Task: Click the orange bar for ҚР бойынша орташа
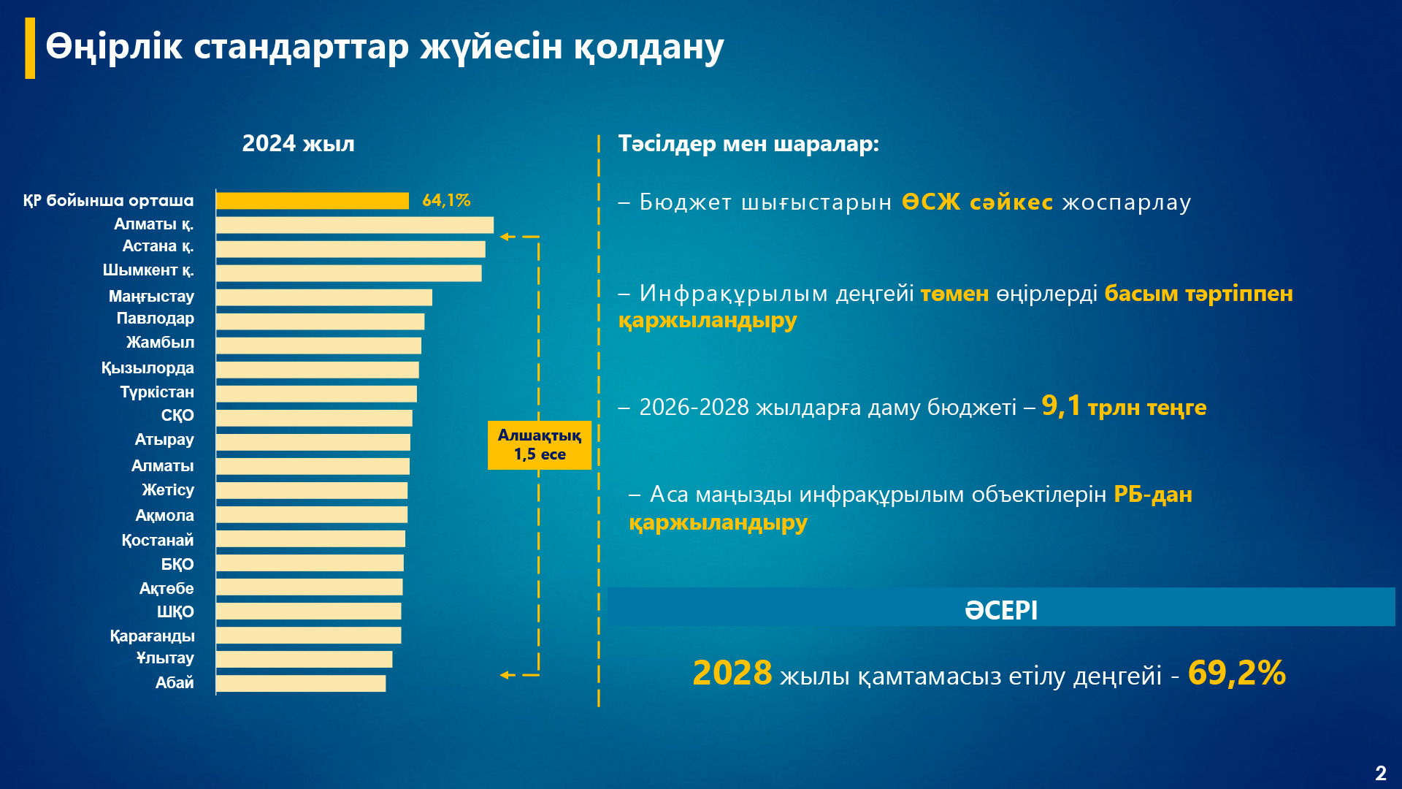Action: tap(313, 201)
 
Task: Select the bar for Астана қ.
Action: tap(350, 249)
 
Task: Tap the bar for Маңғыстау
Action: tap(324, 297)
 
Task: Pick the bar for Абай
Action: tap(301, 683)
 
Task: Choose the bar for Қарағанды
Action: tap(308, 635)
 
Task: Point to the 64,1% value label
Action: tap(446, 200)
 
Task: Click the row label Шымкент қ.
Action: tap(148, 270)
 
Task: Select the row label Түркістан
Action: tap(157, 392)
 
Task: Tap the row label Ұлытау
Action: tap(165, 658)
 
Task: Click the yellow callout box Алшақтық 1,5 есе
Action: tap(539, 445)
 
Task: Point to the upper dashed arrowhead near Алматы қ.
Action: tap(505, 237)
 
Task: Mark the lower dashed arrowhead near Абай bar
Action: tap(505, 675)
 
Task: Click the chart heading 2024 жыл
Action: tap(298, 143)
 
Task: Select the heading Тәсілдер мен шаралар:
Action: tap(748, 143)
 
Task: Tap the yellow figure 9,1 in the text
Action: tap(1060, 405)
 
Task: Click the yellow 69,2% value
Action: tap(1236, 673)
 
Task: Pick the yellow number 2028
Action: tap(732, 673)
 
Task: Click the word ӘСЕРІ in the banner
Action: tap(1000, 609)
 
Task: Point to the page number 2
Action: tap(1380, 773)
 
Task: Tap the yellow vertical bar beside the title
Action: tap(30, 48)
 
